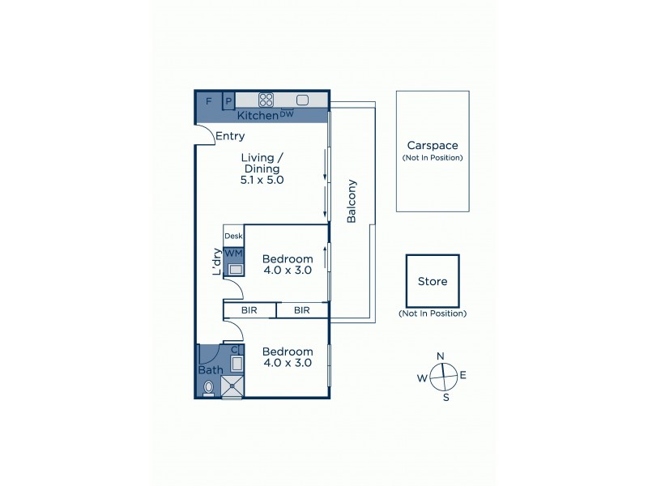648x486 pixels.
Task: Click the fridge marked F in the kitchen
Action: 209,101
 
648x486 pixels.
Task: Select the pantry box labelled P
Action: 229,101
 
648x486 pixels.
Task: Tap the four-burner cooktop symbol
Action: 266,100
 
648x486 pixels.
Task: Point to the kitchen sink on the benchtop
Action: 303,100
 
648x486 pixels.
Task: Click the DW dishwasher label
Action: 287,114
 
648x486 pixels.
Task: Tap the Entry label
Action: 230,136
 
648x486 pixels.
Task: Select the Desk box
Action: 233,236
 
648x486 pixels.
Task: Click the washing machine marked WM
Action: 233,254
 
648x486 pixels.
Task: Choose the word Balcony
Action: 352,207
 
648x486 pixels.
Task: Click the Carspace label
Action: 433,146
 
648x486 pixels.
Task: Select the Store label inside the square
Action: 433,283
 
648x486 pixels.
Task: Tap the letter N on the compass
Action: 441,356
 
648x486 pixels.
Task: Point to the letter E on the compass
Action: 463,376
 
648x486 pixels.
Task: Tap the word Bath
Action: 211,370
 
